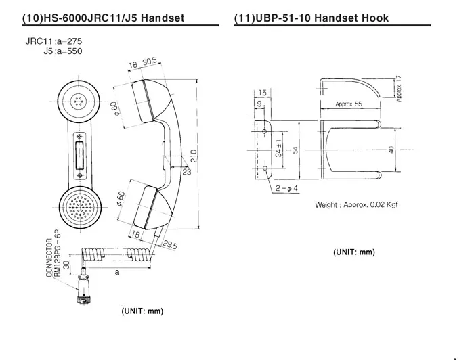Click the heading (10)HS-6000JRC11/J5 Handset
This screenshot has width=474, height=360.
tap(112, 18)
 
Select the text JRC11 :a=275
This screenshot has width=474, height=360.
tap(53, 41)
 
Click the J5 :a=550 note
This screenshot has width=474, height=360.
tap(62, 51)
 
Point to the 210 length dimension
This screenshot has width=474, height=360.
tap(194, 155)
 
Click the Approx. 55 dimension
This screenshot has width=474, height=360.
tap(349, 104)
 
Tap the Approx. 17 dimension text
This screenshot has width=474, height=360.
tap(400, 89)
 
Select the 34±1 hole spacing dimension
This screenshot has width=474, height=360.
tap(278, 149)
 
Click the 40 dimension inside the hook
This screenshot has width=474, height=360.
tap(391, 150)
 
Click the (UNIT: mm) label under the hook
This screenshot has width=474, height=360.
tap(353, 252)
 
